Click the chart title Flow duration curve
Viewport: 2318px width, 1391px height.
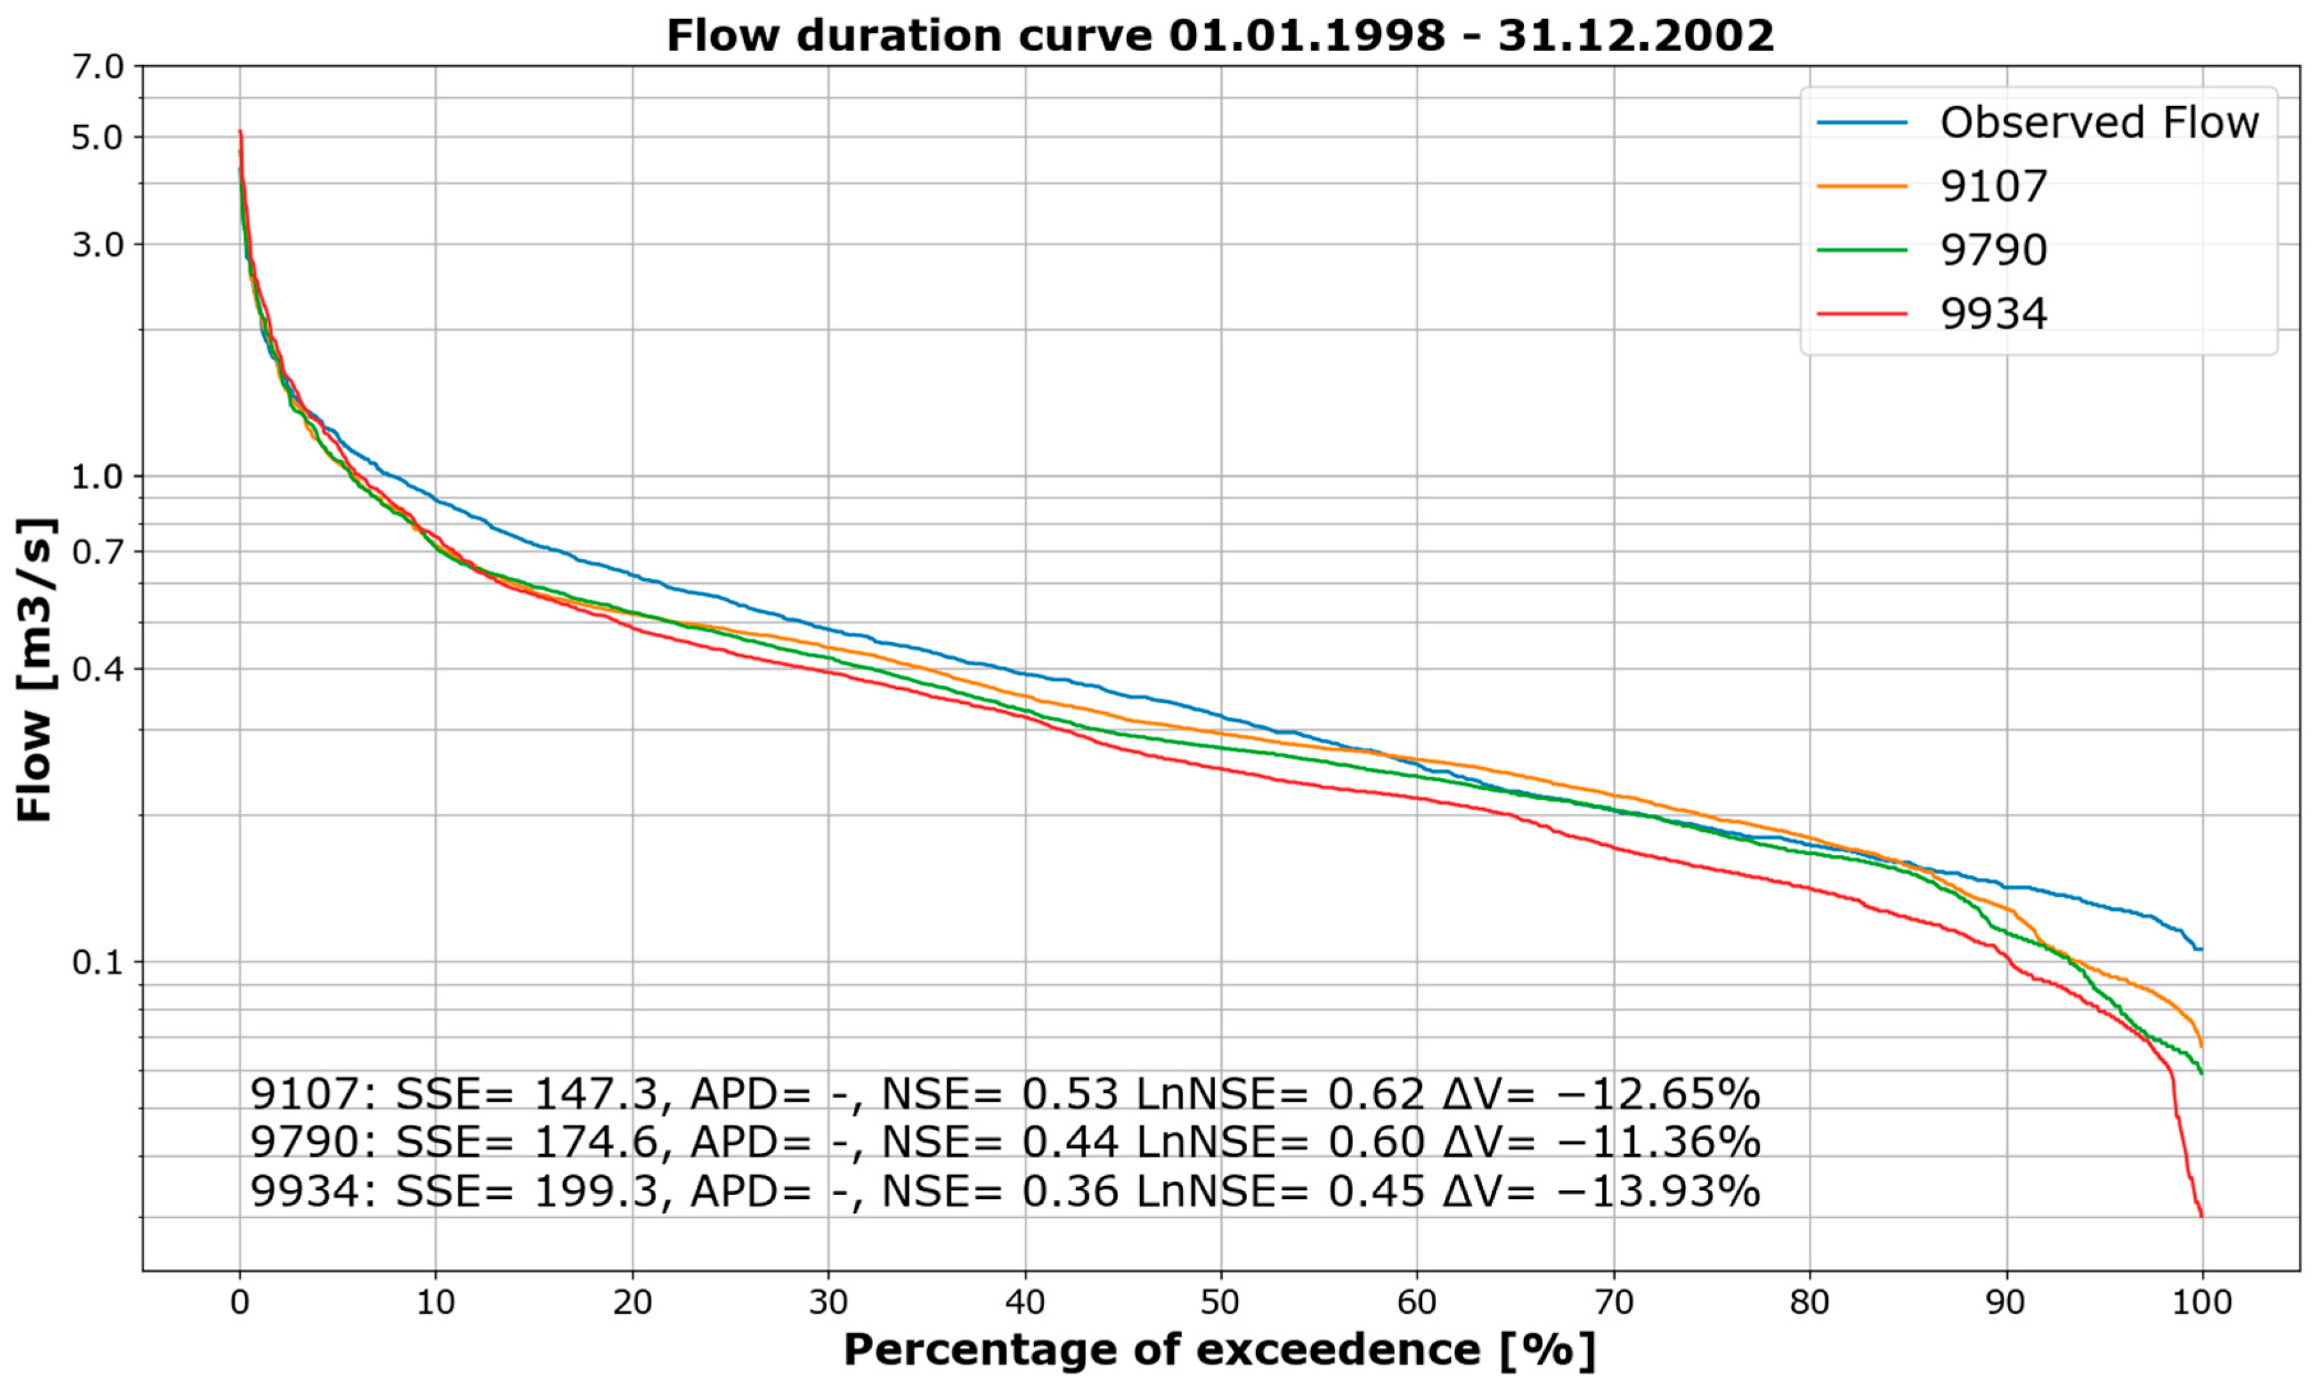[1220, 36]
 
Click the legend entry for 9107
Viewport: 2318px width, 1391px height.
[1993, 186]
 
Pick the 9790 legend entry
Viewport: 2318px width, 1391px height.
[1993, 250]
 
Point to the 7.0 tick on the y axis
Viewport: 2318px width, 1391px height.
[98, 66]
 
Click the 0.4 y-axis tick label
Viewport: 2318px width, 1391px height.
[98, 669]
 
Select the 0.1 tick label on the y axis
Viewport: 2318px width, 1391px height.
[98, 962]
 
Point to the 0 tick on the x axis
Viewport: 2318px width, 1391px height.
[240, 1303]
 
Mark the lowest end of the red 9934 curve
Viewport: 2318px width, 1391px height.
[2201, 1215]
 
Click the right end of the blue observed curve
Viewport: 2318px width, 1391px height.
[2200, 949]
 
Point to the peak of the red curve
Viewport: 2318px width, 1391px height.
[240, 132]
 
